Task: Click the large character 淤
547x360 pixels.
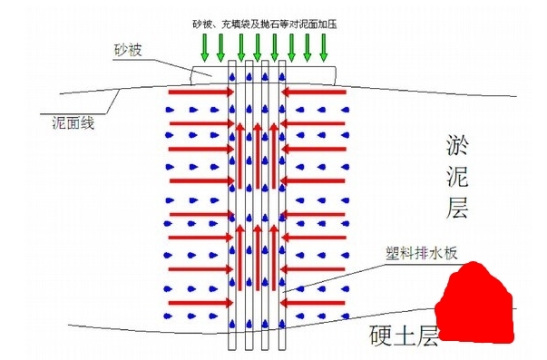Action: (455, 145)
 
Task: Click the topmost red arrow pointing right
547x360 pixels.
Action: (202, 92)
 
